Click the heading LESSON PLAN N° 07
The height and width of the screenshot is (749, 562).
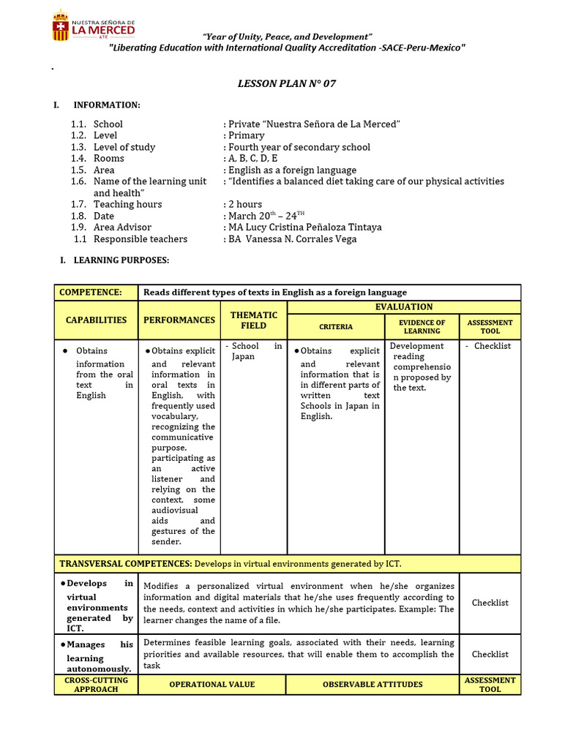(286, 83)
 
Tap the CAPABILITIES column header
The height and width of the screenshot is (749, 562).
(96, 320)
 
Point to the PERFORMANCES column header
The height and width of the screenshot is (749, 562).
(179, 320)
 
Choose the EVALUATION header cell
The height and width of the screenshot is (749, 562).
(403, 307)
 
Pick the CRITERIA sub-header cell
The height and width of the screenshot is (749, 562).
(336, 327)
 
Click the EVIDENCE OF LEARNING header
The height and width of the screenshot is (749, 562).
(421, 327)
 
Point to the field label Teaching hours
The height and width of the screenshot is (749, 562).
(127, 205)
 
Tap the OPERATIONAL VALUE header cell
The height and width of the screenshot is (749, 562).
(212, 685)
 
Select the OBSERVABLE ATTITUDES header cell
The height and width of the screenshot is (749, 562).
(372, 685)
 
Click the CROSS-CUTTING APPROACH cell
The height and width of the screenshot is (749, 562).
(96, 685)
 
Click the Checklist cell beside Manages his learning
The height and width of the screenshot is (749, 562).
(490, 655)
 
